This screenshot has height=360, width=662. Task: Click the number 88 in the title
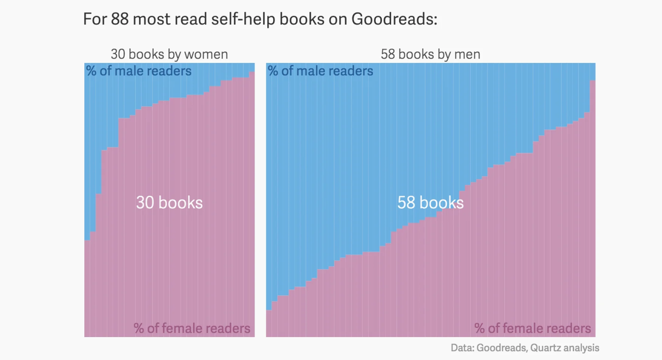point(120,19)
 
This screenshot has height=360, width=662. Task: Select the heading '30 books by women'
point(169,54)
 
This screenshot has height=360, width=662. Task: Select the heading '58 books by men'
point(430,54)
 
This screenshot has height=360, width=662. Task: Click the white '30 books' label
point(169,203)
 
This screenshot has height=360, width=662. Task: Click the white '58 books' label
point(430,203)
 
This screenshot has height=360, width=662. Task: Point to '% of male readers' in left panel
point(139,71)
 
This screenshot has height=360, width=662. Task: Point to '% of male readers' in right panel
point(320,71)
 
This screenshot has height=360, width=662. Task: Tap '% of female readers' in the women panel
point(192,328)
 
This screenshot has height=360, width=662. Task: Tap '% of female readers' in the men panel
point(533,328)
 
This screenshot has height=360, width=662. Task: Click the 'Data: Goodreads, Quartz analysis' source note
point(525,348)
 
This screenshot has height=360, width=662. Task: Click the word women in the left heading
point(206,54)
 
